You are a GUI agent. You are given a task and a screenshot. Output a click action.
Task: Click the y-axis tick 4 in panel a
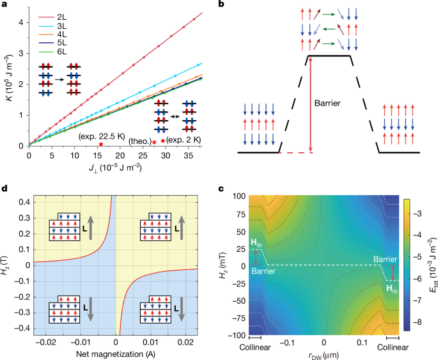click(21, 22)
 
